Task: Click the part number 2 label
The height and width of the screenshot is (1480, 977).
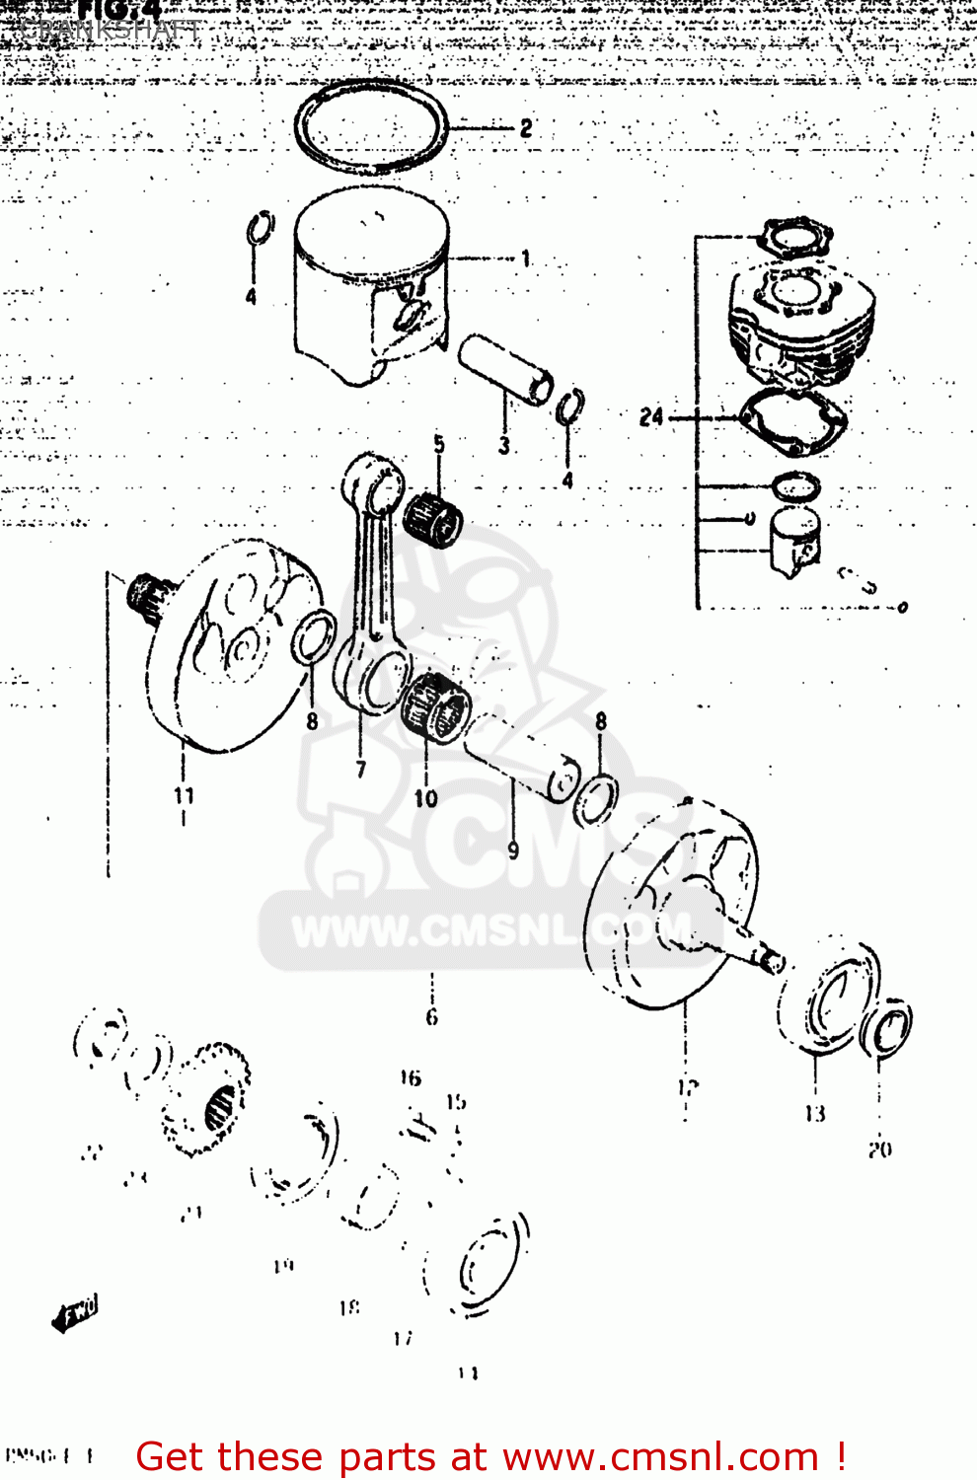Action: tap(526, 128)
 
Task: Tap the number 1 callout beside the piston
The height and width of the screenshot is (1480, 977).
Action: tap(526, 259)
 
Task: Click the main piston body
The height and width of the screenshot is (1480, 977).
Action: tap(370, 286)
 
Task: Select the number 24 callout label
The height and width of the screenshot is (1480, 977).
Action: tap(651, 417)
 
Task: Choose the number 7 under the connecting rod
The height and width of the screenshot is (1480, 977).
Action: tap(361, 769)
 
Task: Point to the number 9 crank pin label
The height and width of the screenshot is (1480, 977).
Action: tap(513, 849)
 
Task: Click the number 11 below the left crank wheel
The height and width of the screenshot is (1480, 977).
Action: tap(184, 795)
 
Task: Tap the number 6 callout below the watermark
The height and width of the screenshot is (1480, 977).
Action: tap(431, 1016)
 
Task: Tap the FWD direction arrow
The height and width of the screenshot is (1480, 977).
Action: tap(75, 1314)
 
